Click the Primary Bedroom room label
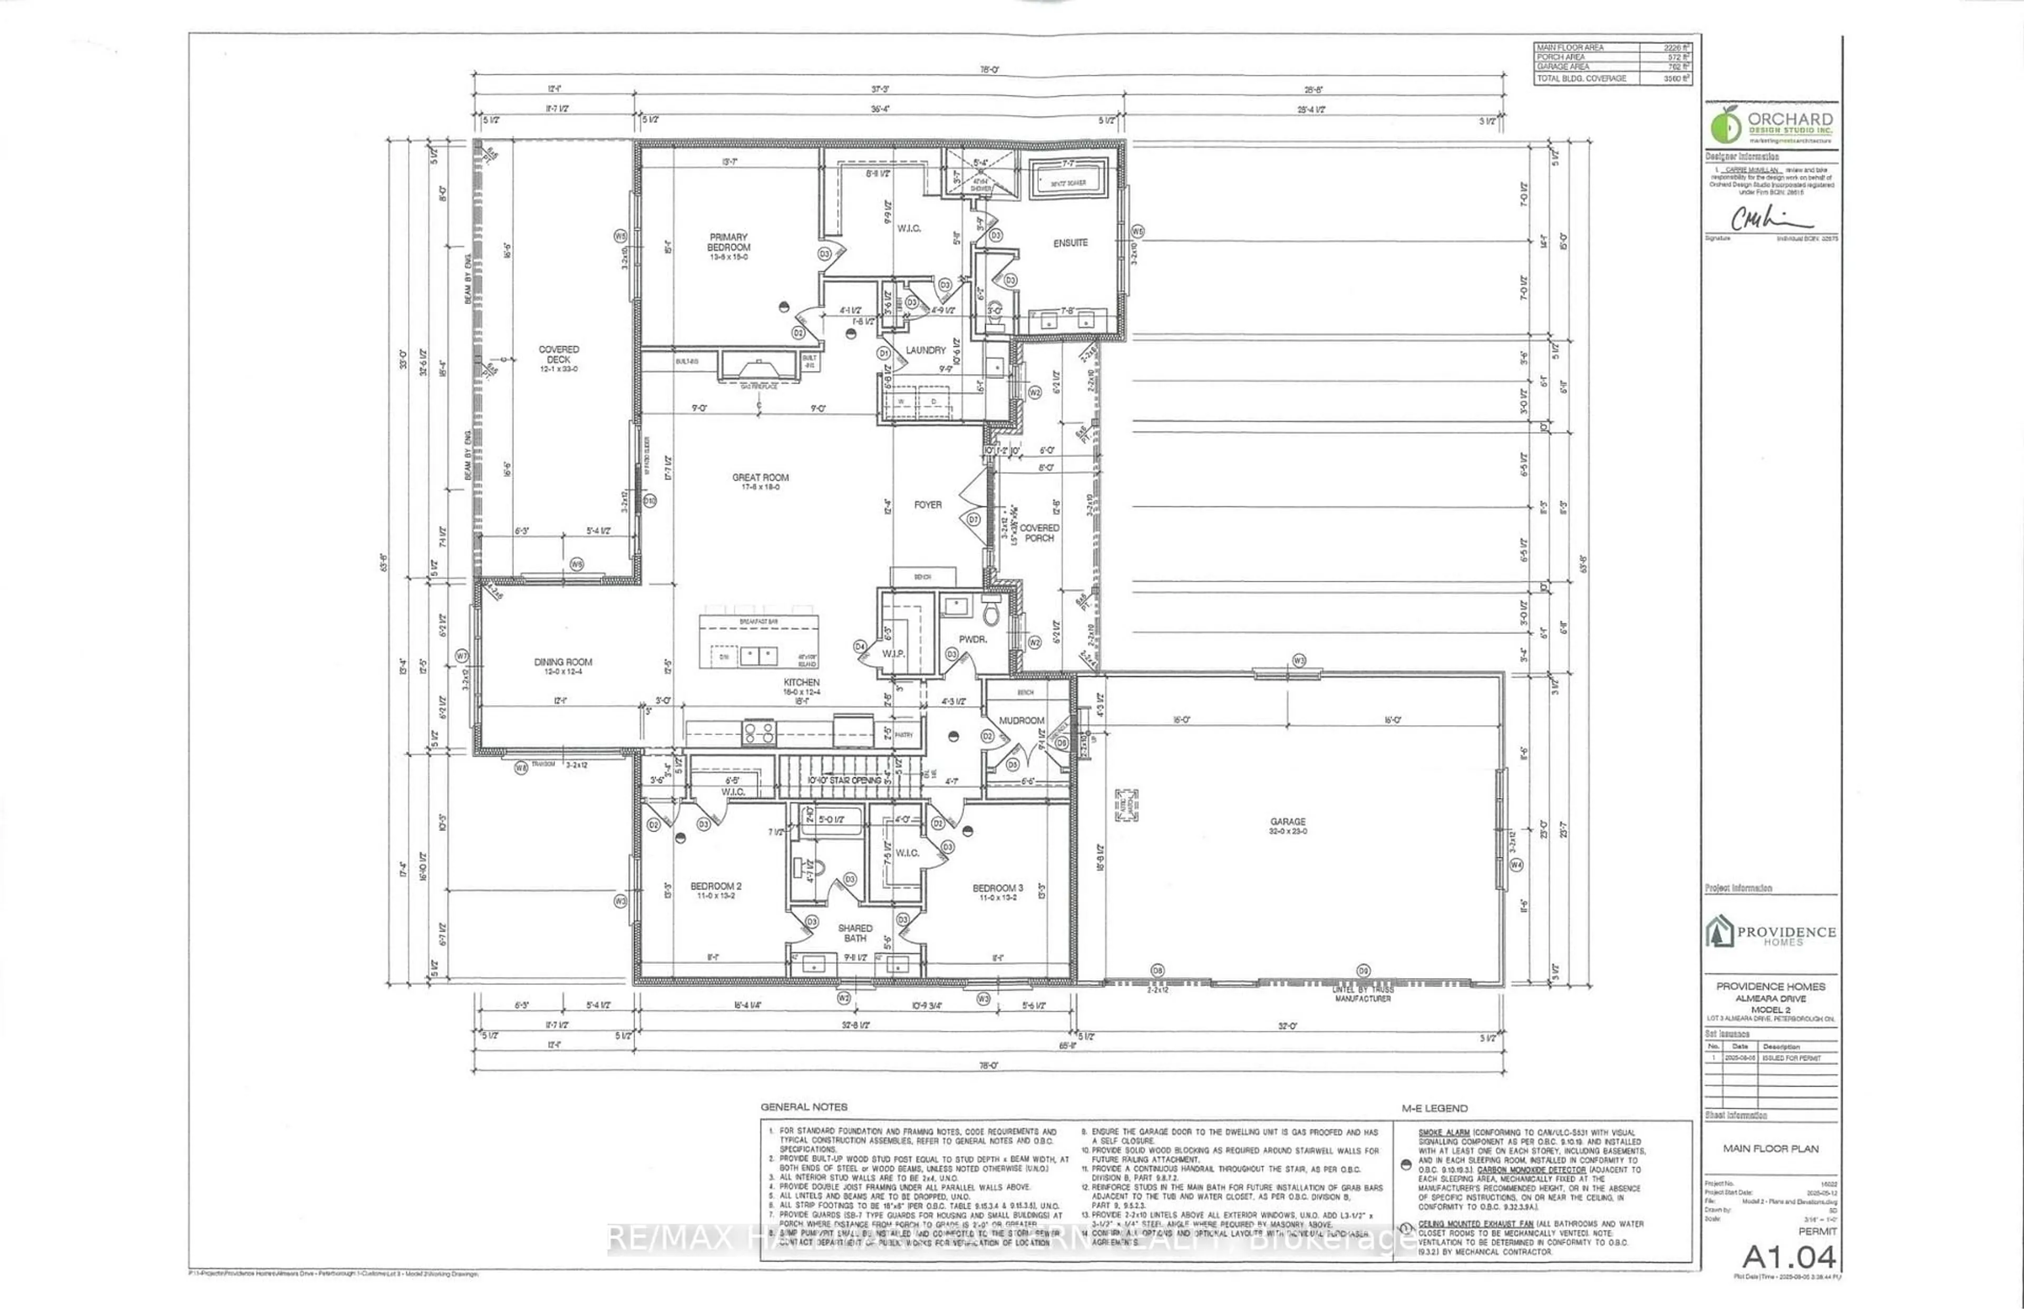(x=728, y=242)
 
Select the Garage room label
(x=1288, y=822)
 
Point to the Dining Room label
(x=563, y=662)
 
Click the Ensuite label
(x=1070, y=243)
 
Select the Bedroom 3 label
(x=997, y=888)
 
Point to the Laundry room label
(x=926, y=350)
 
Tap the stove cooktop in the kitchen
(x=758, y=732)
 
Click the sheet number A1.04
(x=1788, y=1256)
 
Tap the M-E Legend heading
(x=1434, y=1108)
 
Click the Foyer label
(x=928, y=505)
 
